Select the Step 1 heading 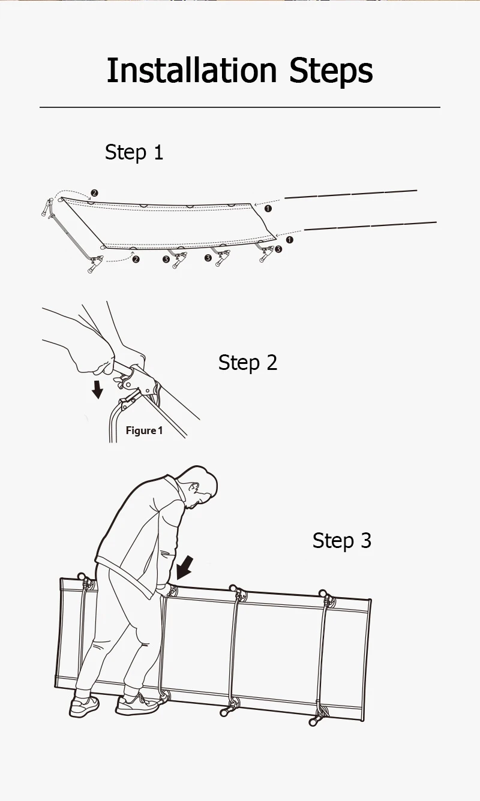(134, 152)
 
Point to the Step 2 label (247, 362)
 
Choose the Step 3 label (341, 540)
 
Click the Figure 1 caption (144, 430)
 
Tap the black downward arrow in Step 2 (97, 390)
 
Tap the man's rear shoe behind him (84, 706)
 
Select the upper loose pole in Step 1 (350, 194)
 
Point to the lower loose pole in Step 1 (370, 225)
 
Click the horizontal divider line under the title (240, 107)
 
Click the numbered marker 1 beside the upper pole (268, 209)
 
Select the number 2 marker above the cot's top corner (94, 193)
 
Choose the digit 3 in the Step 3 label (366, 540)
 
